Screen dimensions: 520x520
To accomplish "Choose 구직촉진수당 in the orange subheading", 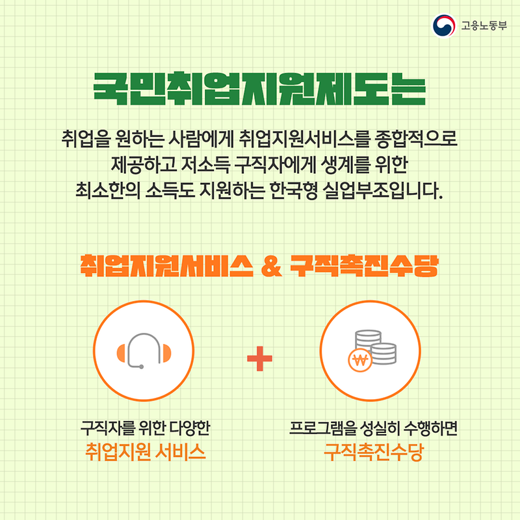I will point(362,266).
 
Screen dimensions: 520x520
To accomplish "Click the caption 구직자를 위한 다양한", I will point(146,429).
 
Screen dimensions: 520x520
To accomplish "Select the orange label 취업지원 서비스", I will point(146,451).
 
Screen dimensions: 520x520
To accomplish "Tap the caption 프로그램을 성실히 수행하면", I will point(374,429).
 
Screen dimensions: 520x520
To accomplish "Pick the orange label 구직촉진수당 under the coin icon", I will point(374,451).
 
